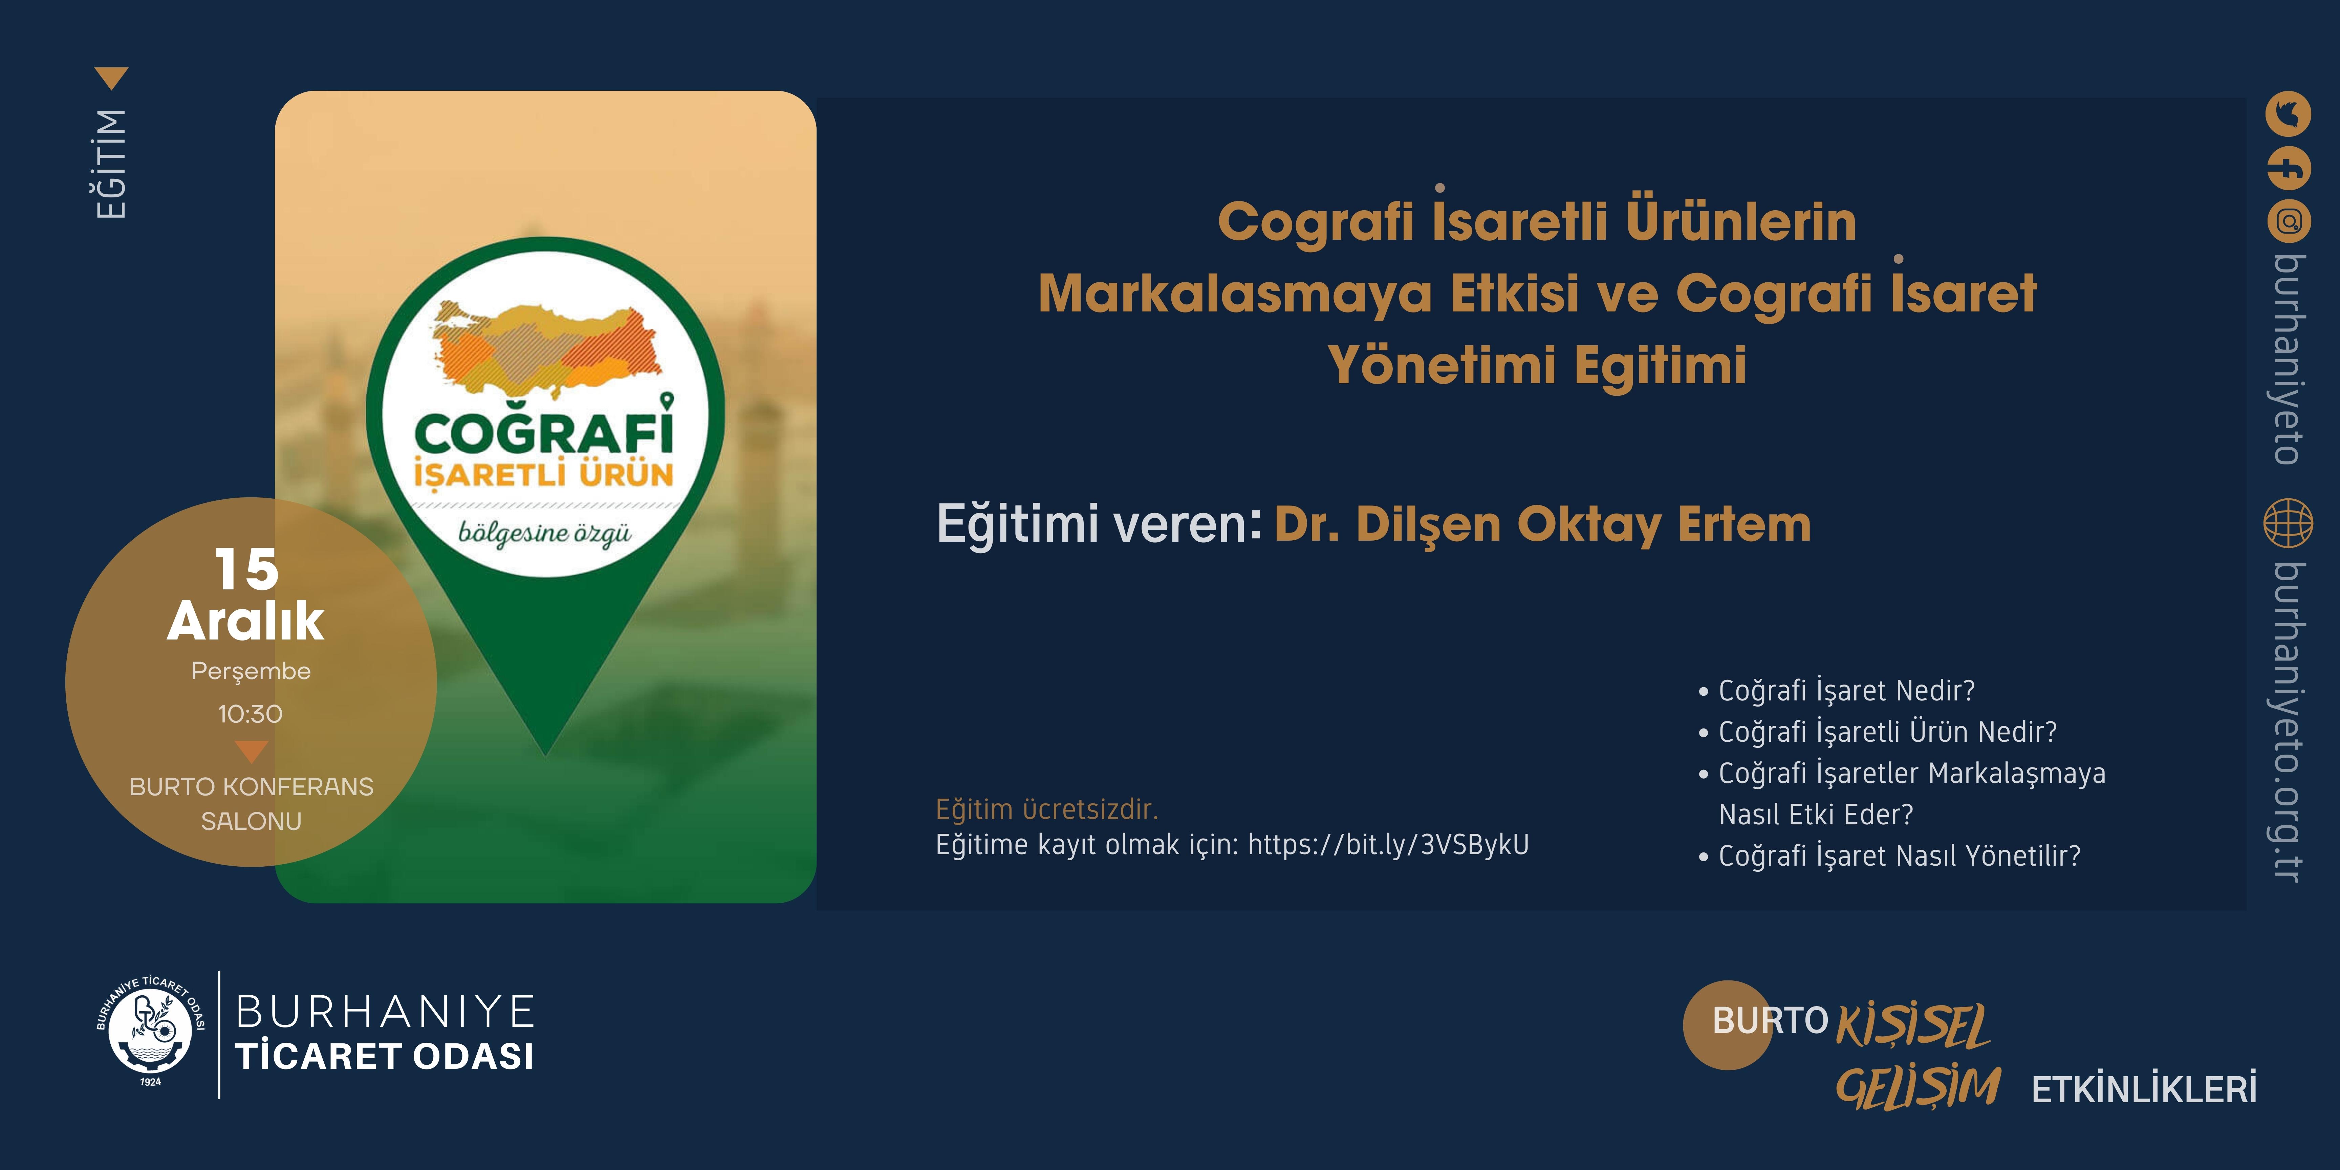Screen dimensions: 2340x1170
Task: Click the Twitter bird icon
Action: click(2288, 114)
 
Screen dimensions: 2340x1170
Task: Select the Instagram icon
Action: click(2288, 222)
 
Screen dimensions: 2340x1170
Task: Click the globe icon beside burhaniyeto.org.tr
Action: click(2288, 523)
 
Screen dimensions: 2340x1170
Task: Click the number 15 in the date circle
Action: click(246, 569)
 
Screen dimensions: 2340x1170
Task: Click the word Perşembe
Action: click(251, 671)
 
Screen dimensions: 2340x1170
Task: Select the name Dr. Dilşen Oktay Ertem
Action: click(1542, 524)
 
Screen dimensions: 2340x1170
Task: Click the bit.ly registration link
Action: click(1388, 845)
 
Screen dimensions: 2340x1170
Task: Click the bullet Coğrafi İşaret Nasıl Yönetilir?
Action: click(1889, 856)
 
